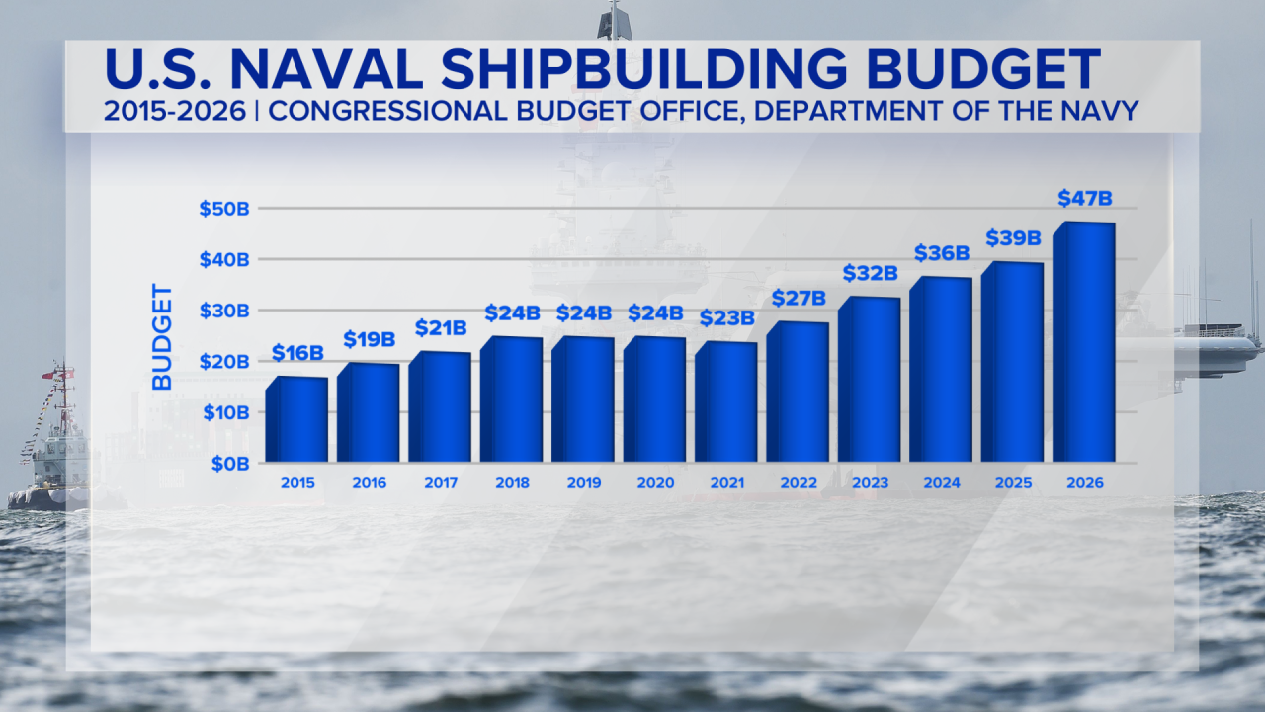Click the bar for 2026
coord(1084,342)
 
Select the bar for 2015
coord(297,419)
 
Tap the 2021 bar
coord(726,401)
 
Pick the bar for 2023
coord(870,380)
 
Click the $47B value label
coord(1085,198)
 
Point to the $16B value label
coord(297,353)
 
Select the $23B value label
coord(726,318)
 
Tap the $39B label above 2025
coord(1013,237)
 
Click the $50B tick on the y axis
coord(223,209)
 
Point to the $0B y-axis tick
coord(228,463)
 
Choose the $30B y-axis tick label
coord(223,311)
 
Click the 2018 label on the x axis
coord(512,483)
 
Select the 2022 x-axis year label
coord(799,483)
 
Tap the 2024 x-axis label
coord(942,483)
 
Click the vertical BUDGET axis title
coord(162,336)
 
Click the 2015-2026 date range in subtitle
coord(174,111)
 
